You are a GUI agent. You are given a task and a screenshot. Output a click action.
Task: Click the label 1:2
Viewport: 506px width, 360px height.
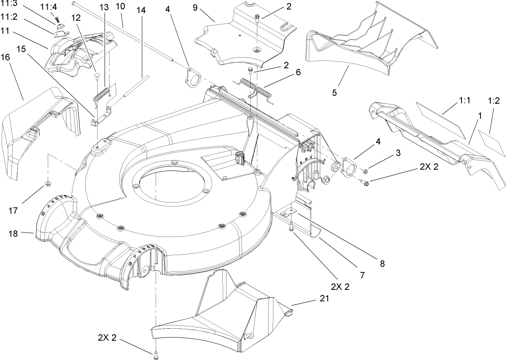click(x=494, y=100)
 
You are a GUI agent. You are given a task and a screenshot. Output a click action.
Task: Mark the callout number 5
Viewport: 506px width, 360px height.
click(x=334, y=93)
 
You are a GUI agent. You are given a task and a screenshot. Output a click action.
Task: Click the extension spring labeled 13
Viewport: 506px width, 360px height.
click(x=101, y=94)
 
